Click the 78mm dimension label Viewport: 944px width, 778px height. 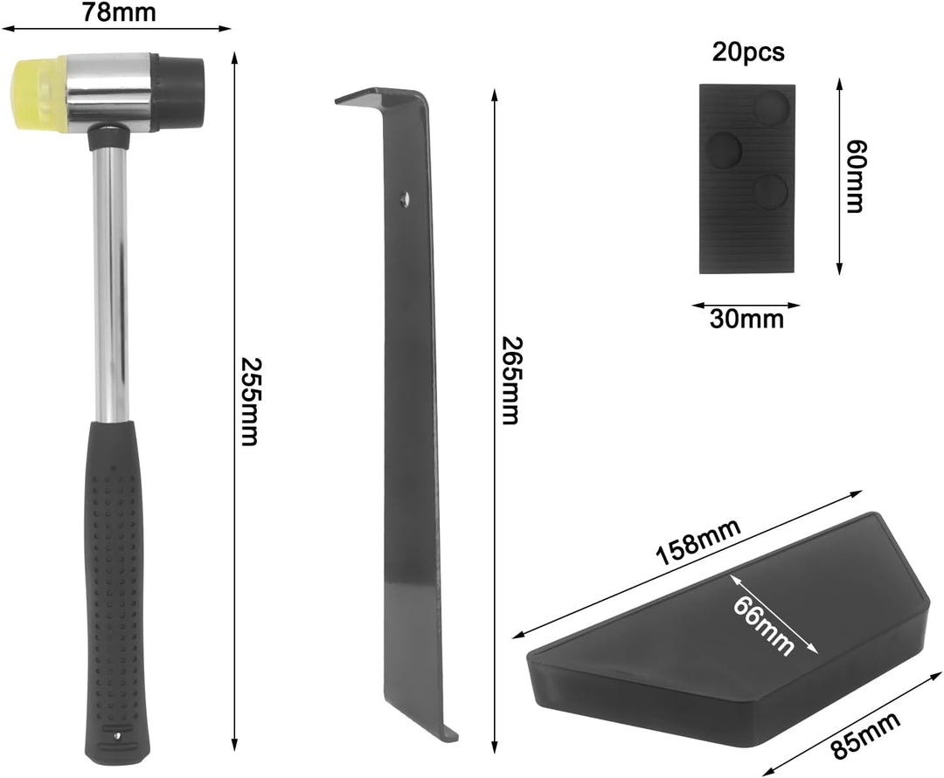click(119, 11)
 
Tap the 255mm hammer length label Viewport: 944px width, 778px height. click(248, 402)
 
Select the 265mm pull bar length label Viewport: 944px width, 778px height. click(510, 381)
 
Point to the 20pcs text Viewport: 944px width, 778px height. click(748, 52)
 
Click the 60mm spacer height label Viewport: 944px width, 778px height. click(854, 176)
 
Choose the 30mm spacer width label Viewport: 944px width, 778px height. click(746, 318)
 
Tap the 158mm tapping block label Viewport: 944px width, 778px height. click(698, 542)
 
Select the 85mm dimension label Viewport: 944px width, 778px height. click(865, 734)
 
